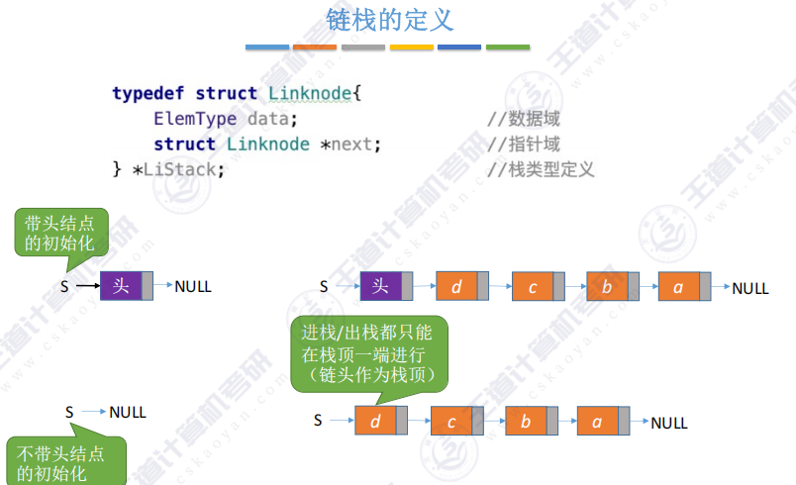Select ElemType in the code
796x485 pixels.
(x=195, y=119)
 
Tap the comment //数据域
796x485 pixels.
(x=524, y=120)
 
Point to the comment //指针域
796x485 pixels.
(x=524, y=145)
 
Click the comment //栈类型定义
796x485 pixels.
(x=541, y=169)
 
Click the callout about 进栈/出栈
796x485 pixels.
(x=368, y=352)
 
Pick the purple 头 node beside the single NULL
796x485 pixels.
(x=122, y=287)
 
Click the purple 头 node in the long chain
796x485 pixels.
(x=381, y=287)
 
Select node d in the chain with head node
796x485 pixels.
(x=456, y=288)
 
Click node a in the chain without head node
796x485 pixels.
(x=597, y=422)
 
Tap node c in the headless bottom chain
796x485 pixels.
(x=451, y=422)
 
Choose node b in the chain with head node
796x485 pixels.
(x=607, y=288)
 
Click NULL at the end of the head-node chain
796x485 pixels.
(x=750, y=288)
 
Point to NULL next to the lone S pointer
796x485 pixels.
(x=128, y=412)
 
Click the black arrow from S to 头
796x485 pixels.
(x=87, y=287)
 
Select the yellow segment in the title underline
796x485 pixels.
(x=412, y=47)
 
